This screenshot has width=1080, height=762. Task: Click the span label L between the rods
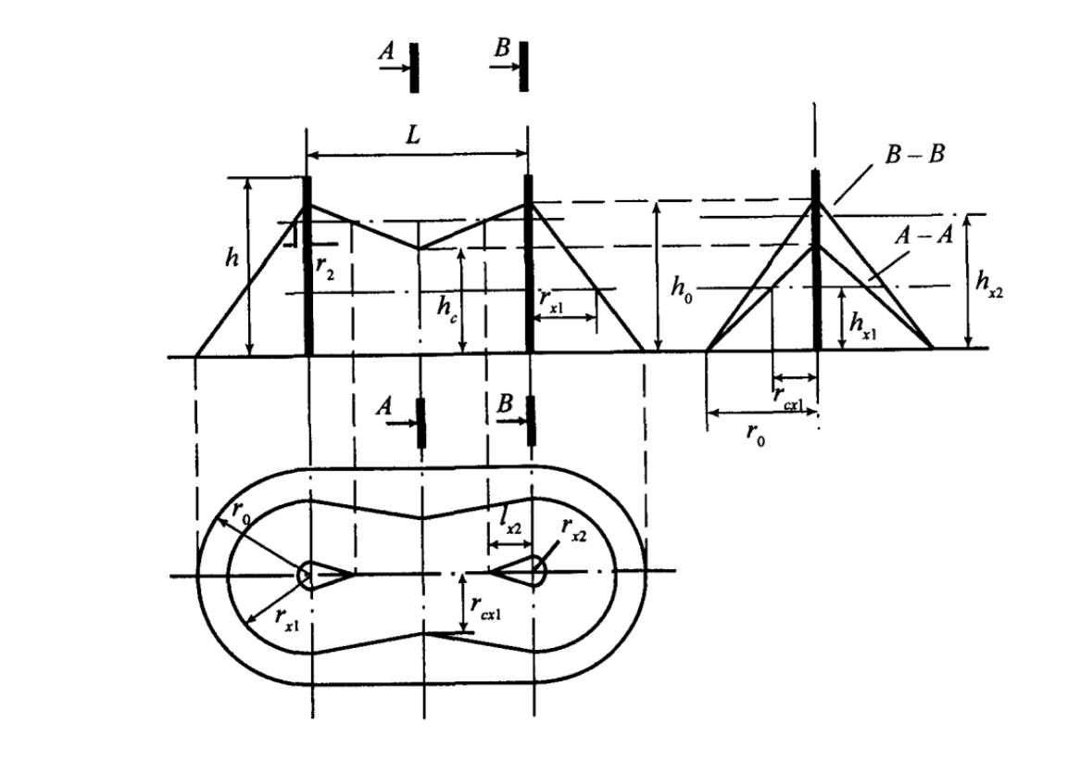[x=412, y=135]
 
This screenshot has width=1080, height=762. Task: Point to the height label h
[x=232, y=257]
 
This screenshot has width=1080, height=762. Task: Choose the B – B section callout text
[x=915, y=155]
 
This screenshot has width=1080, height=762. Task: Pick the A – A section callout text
[x=924, y=235]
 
